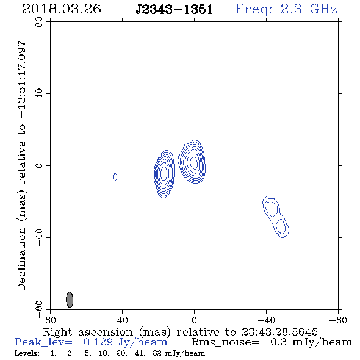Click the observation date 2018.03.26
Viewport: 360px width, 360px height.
[x=62, y=9]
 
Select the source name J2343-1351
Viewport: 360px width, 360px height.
[x=175, y=10]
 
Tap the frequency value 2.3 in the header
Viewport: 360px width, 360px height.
[x=291, y=9]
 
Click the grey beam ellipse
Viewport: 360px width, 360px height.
[x=70, y=300]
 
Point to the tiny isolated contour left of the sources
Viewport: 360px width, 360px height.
[x=115, y=176]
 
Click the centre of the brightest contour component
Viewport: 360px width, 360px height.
[x=193, y=162]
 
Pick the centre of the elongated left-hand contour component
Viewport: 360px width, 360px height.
[x=164, y=174]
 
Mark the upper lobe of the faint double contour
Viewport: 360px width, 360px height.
[x=272, y=209]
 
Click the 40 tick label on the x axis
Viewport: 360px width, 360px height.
[x=122, y=320]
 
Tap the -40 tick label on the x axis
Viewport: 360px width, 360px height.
[x=266, y=320]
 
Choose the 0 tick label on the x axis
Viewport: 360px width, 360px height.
[x=194, y=320]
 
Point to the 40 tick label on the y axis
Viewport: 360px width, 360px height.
[x=39, y=93]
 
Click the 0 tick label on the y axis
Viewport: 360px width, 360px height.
[x=39, y=165]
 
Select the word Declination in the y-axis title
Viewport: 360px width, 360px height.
[x=21, y=259]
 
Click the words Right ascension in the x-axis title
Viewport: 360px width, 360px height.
[x=88, y=332]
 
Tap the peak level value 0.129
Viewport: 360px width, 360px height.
[x=98, y=342]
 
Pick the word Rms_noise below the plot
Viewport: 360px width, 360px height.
[x=225, y=342]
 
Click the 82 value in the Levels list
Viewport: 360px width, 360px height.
[x=157, y=353]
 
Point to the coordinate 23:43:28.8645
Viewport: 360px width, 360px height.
[x=279, y=332]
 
